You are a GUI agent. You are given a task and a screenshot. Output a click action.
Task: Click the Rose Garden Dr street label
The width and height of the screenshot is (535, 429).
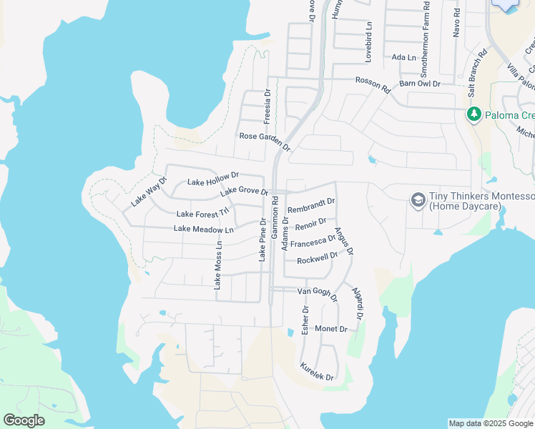pyautogui.click(x=265, y=141)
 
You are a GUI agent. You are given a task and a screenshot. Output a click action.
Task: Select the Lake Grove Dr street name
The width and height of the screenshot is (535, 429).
pyautogui.click(x=244, y=192)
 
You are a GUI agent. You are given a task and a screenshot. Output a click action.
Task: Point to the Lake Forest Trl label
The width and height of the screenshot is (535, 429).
pyautogui.click(x=203, y=213)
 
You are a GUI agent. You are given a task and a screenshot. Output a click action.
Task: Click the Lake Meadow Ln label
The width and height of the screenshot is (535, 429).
pyautogui.click(x=204, y=230)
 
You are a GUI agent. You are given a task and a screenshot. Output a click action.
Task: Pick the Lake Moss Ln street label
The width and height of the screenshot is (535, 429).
pyautogui.click(x=218, y=265)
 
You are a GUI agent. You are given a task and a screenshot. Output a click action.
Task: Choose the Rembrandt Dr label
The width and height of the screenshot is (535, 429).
pyautogui.click(x=311, y=206)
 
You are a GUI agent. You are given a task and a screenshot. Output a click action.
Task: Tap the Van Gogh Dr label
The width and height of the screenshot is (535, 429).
pyautogui.click(x=317, y=294)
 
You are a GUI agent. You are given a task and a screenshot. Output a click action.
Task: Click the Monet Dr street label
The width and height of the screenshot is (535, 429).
pyautogui.click(x=330, y=329)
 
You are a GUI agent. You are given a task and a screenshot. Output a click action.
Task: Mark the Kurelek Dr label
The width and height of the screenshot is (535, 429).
pyautogui.click(x=317, y=370)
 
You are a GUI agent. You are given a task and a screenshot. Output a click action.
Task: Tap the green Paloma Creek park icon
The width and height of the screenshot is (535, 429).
pyautogui.click(x=473, y=114)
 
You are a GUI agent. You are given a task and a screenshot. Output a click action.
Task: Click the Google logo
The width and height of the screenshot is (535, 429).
pyautogui.click(x=24, y=420)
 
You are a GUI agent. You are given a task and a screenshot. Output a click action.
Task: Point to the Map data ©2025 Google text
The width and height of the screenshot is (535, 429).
pyautogui.click(x=490, y=423)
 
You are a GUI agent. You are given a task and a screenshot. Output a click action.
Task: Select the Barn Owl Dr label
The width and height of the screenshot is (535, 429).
pyautogui.click(x=420, y=84)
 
